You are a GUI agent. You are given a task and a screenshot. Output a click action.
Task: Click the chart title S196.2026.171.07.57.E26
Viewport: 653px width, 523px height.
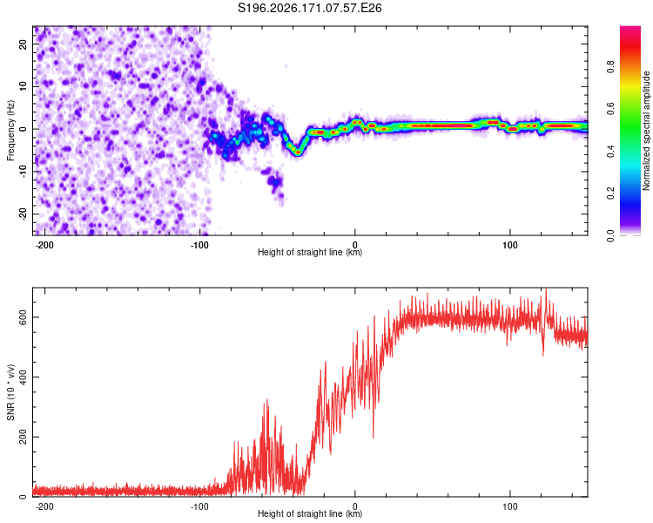309,8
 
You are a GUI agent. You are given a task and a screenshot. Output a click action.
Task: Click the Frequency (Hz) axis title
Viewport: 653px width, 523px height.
10,131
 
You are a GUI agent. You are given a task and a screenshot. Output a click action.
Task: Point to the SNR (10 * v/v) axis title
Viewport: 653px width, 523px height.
10,392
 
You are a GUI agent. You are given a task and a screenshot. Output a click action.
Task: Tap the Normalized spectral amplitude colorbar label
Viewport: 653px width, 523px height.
646,131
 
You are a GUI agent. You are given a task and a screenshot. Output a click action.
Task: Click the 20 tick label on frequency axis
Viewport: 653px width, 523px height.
23,44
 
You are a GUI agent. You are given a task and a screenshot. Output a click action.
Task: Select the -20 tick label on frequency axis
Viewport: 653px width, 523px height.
23,214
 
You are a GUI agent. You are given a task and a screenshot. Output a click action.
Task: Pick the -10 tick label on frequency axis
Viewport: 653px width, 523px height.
23,172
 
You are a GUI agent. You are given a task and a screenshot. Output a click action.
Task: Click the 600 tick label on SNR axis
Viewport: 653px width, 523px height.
23,317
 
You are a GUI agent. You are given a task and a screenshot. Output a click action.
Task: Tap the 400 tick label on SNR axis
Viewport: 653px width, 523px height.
23,377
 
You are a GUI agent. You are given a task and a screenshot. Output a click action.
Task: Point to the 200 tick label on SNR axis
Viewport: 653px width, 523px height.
23,437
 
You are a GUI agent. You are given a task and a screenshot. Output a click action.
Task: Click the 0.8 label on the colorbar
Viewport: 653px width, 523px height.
610,67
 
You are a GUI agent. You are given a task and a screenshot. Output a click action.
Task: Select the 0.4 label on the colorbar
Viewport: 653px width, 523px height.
610,152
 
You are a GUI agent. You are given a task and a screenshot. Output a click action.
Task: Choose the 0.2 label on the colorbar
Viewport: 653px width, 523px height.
610,194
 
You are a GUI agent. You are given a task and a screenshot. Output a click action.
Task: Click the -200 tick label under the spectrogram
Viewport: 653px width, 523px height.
44,245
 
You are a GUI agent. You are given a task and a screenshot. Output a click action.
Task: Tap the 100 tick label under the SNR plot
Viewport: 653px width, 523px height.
509,506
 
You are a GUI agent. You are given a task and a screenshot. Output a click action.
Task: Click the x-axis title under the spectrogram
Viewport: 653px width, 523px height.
310,252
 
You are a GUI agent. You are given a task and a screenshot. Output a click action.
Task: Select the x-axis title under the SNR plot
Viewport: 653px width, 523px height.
310,513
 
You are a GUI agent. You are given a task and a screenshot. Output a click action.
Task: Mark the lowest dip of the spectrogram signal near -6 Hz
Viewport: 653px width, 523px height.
298,153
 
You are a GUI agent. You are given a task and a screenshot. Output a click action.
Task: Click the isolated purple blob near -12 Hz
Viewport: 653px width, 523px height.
275,181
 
